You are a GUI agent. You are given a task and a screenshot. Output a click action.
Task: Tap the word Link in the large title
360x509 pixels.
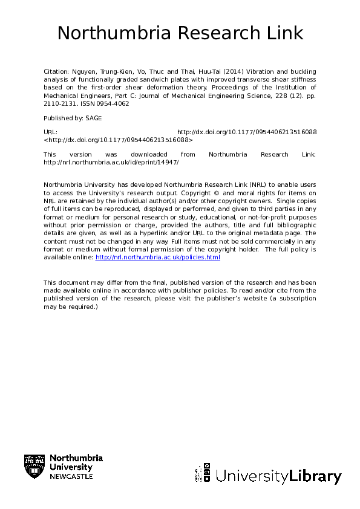coord(284,33)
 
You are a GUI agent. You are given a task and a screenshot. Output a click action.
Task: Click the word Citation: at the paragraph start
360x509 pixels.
coord(57,71)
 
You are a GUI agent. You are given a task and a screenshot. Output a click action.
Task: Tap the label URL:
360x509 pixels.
coord(50,132)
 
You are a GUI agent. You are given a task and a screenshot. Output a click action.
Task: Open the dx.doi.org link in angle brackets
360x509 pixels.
coord(118,139)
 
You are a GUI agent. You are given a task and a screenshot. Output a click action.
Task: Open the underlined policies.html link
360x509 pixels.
coord(158,258)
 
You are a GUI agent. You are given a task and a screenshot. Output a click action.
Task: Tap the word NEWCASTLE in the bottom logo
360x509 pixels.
coord(71,476)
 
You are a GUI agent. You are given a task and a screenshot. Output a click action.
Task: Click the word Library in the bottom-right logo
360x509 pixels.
coord(316,477)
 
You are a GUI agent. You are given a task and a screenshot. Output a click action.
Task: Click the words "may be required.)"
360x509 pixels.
coord(71,306)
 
